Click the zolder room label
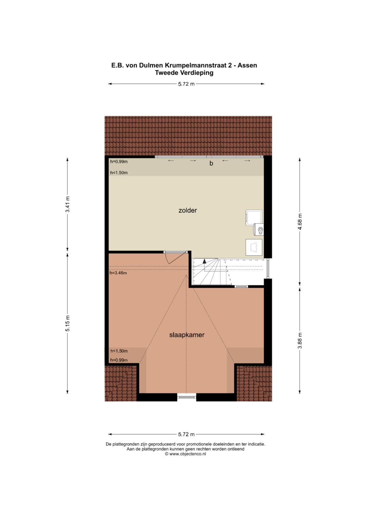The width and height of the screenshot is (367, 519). pos(188,210)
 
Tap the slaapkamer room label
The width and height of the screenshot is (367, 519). pos(187,335)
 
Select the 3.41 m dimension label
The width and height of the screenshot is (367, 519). pos(68,204)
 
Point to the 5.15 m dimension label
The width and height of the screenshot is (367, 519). pos(68,324)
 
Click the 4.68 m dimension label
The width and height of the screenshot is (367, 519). pos(300,222)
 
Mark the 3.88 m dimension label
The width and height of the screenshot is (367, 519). pos(300,340)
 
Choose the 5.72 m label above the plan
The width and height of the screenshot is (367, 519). pos(186,84)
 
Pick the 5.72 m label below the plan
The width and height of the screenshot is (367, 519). pos(186,434)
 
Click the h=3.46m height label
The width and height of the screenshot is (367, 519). pos(118,273)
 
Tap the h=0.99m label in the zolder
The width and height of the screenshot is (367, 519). pos(119,162)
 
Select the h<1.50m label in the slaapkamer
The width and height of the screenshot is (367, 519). pos(119,351)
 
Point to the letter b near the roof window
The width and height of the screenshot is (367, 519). pos(211,163)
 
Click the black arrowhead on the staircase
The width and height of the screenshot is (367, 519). pos(204,261)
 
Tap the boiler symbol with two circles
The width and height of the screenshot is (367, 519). pos(259,230)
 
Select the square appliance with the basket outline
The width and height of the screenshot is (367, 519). pos(254,247)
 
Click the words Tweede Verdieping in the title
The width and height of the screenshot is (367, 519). pos(184,73)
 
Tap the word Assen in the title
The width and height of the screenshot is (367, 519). pos(247,65)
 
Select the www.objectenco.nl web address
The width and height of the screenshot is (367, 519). pos(188,454)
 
